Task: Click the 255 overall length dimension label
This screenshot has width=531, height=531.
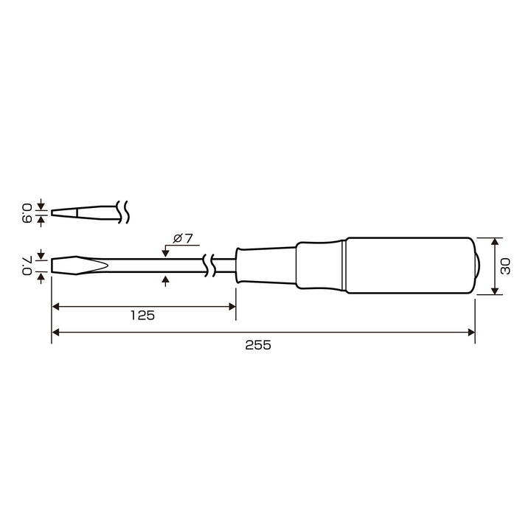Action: click(x=258, y=345)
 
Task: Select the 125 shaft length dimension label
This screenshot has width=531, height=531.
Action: click(x=142, y=316)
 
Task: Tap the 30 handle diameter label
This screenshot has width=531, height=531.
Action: click(x=505, y=265)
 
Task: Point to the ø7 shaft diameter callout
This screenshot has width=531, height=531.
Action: click(x=183, y=238)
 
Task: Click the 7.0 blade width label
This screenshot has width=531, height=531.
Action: click(x=27, y=265)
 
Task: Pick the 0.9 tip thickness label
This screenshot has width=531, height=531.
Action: click(x=27, y=213)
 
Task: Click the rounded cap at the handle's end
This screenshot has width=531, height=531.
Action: click(x=477, y=265)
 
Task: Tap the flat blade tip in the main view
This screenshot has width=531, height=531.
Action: click(x=80, y=265)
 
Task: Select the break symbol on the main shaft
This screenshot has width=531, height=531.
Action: click(x=209, y=265)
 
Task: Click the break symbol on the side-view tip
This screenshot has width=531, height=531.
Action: click(x=122, y=212)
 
